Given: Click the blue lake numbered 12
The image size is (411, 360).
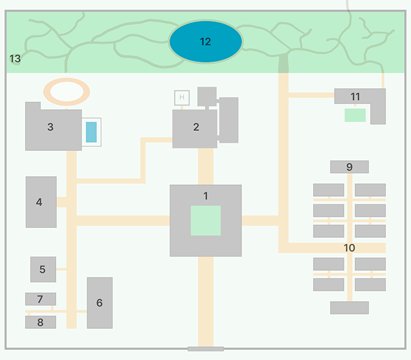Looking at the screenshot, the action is click(206, 42).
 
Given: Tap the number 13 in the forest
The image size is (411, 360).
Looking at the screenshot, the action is click(15, 59).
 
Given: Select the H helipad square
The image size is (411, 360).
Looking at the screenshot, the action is click(182, 97).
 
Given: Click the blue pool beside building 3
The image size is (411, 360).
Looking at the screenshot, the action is click(91, 132).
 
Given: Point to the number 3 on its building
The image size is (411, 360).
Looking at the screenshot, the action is click(50, 127).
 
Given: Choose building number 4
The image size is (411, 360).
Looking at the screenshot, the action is click(41, 202).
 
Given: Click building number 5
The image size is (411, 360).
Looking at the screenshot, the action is click(43, 270).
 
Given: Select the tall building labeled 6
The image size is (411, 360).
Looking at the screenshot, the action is click(100, 303).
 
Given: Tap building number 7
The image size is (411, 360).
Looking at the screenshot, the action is click(41, 299).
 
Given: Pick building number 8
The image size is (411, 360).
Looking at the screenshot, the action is click(41, 322).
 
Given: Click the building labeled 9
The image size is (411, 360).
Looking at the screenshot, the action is click(349, 167).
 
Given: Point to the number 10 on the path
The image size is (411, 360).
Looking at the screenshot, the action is click(349, 248).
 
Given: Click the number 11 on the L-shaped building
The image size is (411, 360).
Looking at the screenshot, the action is click(355, 97).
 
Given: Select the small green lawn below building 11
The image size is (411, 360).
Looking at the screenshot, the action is click(355, 115).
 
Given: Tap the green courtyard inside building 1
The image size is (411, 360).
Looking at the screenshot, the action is click(206, 220).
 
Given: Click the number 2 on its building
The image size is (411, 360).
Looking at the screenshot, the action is click(196, 127).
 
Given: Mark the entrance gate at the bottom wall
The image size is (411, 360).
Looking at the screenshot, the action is click(206, 349).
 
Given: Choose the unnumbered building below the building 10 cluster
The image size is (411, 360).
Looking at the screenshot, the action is click(349, 308).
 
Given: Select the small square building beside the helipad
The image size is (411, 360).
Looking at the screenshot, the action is click(207, 96).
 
